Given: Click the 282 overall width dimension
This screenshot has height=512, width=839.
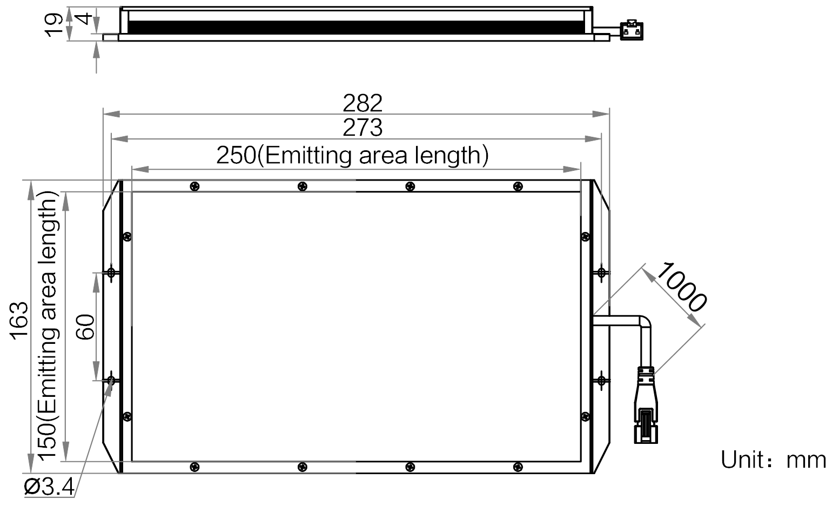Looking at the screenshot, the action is click(x=362, y=103).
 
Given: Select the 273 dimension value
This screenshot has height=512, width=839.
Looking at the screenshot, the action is click(x=362, y=128).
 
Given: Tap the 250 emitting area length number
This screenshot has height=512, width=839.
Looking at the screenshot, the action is click(x=236, y=155).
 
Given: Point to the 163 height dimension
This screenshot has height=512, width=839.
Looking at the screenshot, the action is click(x=19, y=321).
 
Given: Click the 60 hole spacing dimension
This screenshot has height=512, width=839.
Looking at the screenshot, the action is click(x=86, y=327).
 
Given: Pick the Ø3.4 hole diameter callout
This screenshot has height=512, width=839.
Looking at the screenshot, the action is click(x=49, y=487).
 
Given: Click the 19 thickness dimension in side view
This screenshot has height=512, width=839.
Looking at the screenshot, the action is click(x=53, y=25).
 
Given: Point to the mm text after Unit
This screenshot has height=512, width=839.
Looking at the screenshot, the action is click(x=806, y=461).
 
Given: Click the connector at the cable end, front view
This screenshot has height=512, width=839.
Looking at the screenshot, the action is click(x=646, y=405).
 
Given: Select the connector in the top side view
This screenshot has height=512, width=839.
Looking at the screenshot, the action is click(x=632, y=30).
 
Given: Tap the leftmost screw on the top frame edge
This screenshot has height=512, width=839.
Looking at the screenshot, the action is click(x=195, y=187).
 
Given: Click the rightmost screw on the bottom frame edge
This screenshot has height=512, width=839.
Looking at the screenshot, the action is click(x=518, y=467).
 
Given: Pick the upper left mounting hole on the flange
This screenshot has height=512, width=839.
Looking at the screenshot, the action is click(x=111, y=272).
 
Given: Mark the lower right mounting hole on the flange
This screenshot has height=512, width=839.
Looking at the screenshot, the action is click(x=601, y=381).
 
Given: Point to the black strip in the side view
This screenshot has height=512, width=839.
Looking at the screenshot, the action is click(x=356, y=28).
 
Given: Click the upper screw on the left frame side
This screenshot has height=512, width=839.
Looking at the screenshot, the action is click(x=127, y=237).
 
